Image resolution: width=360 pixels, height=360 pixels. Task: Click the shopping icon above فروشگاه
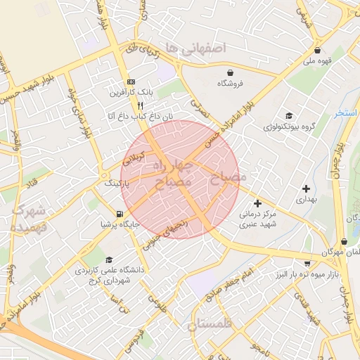click(x=231, y=72)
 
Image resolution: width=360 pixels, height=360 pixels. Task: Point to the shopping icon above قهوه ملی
click(x=317, y=50)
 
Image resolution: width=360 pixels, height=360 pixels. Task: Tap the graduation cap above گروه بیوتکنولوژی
click(x=289, y=116)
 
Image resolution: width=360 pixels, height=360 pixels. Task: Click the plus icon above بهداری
click(x=306, y=188)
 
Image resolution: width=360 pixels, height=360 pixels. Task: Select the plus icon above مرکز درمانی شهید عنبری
click(x=257, y=203)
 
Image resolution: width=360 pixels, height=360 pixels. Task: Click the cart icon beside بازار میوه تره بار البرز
click(x=307, y=264)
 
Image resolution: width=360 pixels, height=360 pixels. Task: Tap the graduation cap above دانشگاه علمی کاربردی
click(x=108, y=260)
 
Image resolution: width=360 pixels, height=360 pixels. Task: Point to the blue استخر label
click(x=347, y=112)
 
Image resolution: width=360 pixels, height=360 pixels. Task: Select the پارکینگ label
click(x=118, y=183)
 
